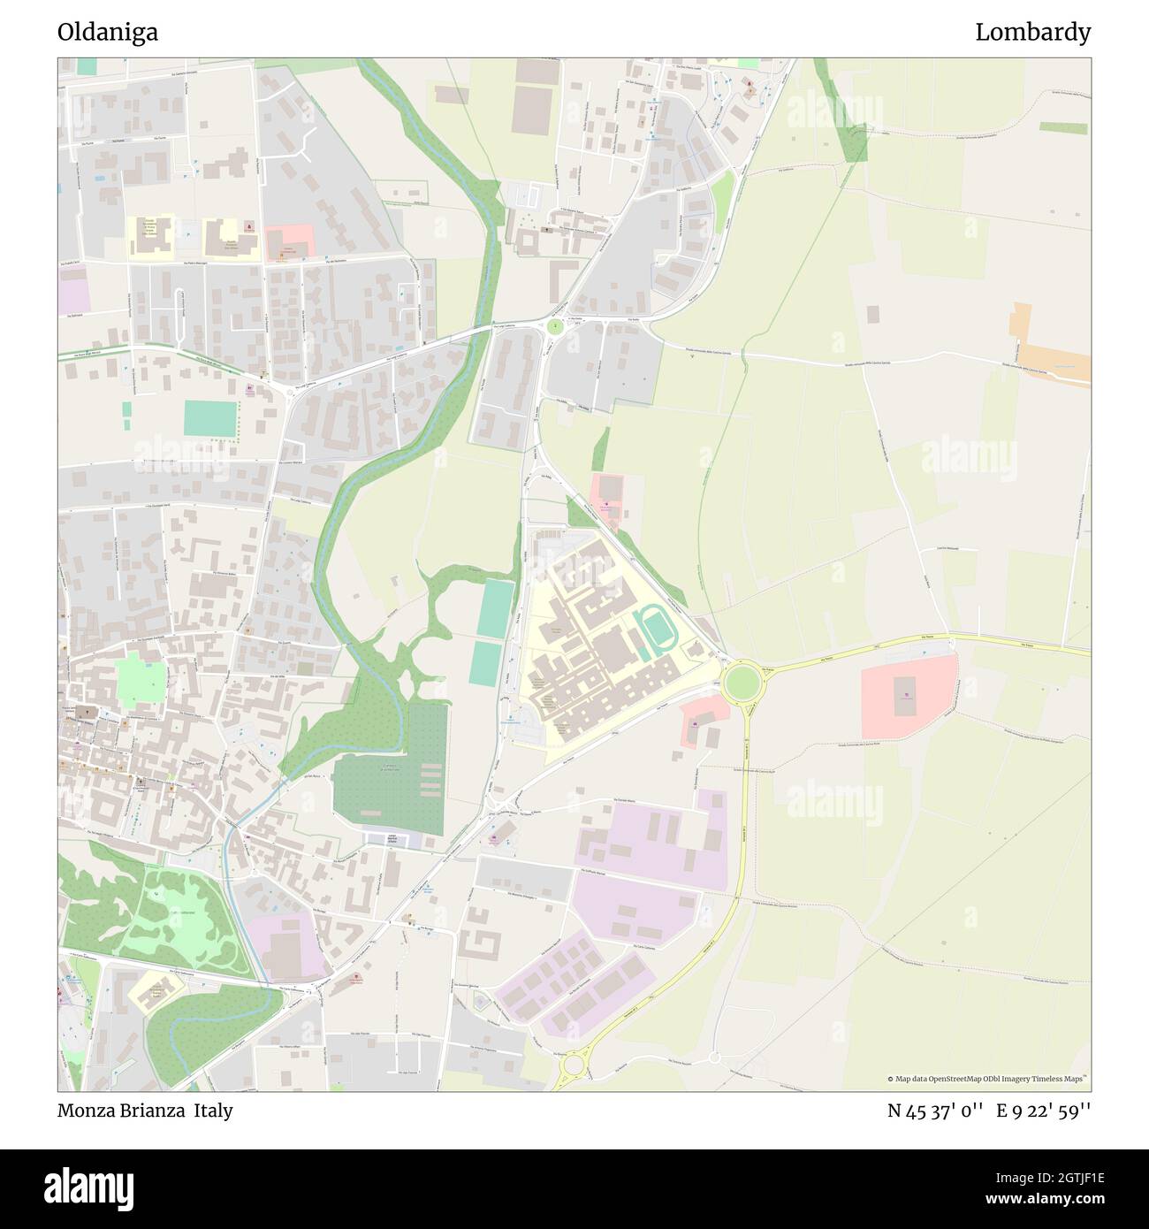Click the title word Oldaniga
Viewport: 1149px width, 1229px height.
pos(108,33)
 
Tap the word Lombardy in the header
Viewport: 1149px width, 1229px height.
pos(1032,33)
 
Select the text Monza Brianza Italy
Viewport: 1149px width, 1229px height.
pos(145,1111)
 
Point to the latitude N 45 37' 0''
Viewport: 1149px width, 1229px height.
pos(936,1111)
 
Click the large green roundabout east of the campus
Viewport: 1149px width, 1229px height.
pos(741,682)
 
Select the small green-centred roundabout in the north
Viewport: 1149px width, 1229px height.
pos(555,327)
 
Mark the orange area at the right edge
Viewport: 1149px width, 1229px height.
pos(1052,349)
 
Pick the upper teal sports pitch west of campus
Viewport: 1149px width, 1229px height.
pos(496,608)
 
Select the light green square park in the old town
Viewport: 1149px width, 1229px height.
pos(141,680)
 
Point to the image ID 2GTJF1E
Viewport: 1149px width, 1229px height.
pos(1051,1178)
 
